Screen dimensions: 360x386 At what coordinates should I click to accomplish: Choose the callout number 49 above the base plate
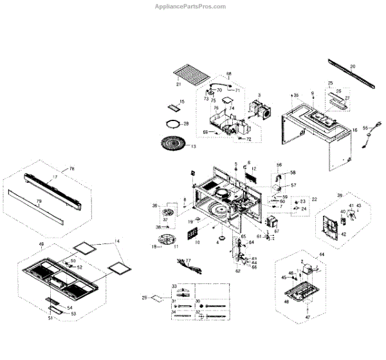[x=41, y=245]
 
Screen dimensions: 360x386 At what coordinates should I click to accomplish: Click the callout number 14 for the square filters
[x=117, y=242]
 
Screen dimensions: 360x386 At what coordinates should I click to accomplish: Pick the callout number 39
[x=340, y=194]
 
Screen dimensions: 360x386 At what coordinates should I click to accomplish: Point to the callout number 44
[x=322, y=255]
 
